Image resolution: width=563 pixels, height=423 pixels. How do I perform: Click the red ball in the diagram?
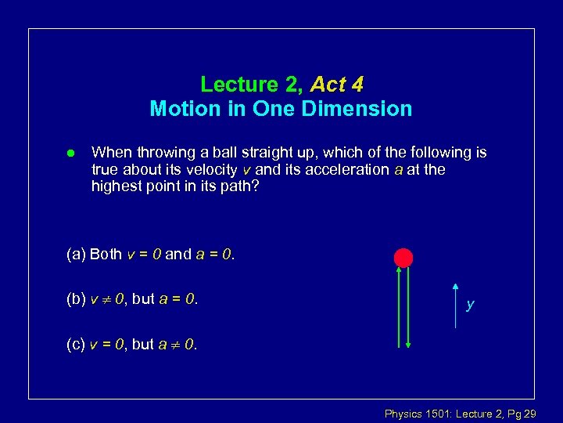click(x=403, y=257)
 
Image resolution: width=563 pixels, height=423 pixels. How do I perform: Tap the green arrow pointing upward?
click(x=398, y=305)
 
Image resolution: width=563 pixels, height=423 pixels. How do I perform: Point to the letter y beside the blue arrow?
click(x=469, y=305)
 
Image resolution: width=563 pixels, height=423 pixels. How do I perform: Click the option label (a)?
click(x=77, y=254)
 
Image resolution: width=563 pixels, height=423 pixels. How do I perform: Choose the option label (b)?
click(x=77, y=298)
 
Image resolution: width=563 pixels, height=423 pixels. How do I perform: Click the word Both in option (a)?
click(x=106, y=254)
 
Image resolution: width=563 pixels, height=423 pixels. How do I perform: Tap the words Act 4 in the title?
click(x=337, y=84)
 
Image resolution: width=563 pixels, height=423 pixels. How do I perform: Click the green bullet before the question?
click(x=70, y=152)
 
